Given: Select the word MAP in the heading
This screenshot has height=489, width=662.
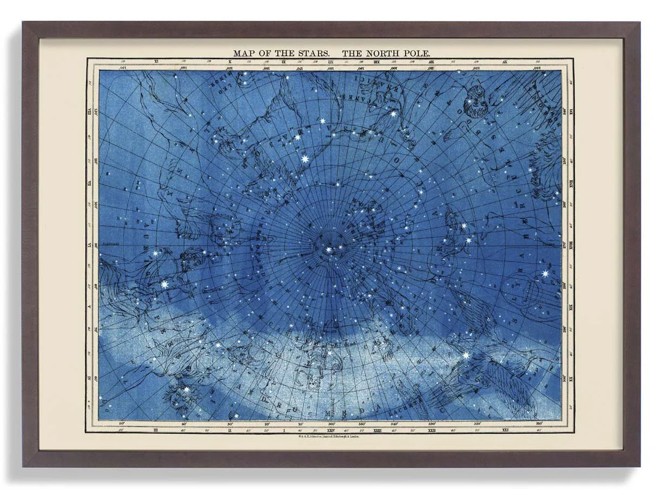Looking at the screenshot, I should click(x=244, y=53).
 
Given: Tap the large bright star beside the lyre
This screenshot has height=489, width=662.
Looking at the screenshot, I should click(x=545, y=274).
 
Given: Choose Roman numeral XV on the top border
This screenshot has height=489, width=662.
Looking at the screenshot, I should click(x=505, y=62).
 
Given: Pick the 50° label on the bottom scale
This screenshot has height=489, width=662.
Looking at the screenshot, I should click(x=122, y=424).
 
